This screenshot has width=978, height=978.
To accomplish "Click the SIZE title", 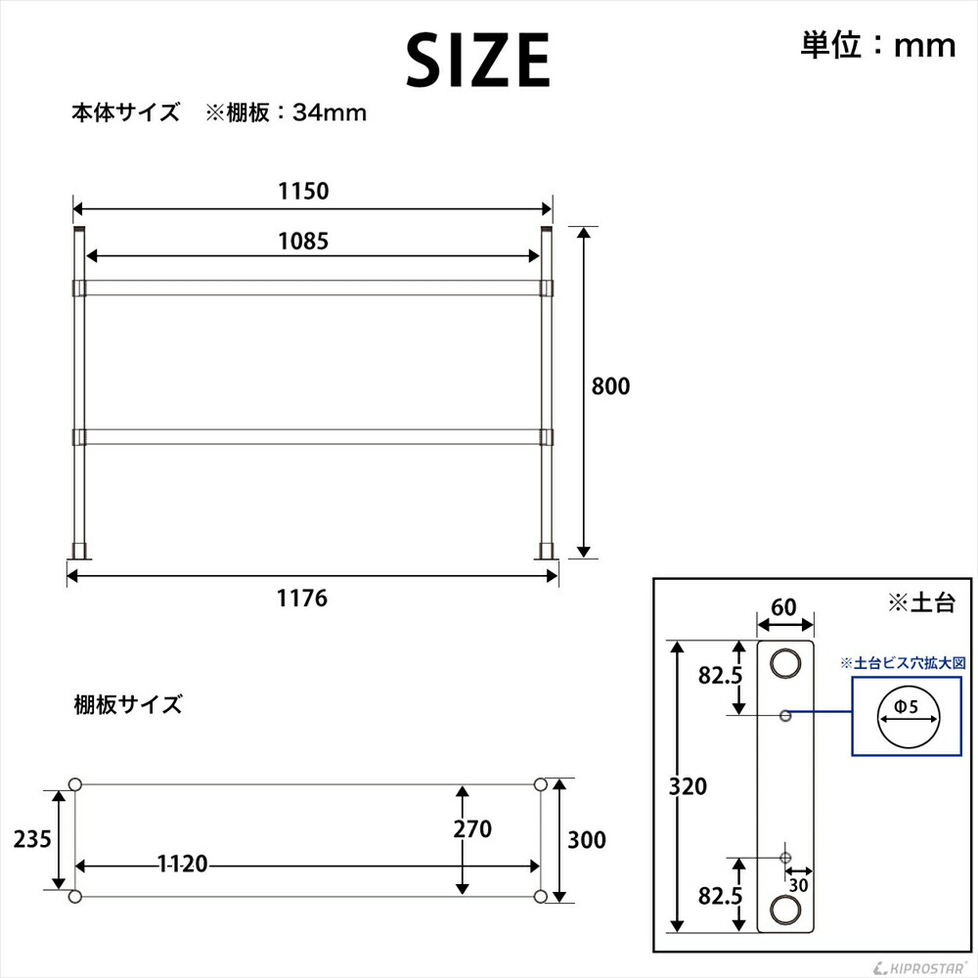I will pyautogui.click(x=478, y=61).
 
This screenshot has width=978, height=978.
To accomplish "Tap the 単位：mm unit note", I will pyautogui.click(x=877, y=45).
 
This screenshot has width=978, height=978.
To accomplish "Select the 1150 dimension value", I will pyautogui.click(x=302, y=191).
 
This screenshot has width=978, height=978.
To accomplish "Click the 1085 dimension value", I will pyautogui.click(x=302, y=240).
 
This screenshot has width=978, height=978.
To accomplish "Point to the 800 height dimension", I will pyautogui.click(x=610, y=386).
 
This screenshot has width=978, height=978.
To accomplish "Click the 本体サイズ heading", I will pyautogui.click(x=125, y=112).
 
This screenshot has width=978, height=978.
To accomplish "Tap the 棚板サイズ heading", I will pyautogui.click(x=127, y=704).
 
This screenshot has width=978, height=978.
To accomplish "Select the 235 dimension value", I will pyautogui.click(x=31, y=838).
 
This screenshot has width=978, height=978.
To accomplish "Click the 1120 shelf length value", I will pyautogui.click(x=183, y=865).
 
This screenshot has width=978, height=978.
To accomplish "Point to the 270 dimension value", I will pyautogui.click(x=471, y=829).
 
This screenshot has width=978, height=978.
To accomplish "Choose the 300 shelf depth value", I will pyautogui.click(x=586, y=840).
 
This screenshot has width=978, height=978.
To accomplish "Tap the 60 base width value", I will pyautogui.click(x=782, y=607).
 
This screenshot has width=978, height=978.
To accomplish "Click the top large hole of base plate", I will pyautogui.click(x=783, y=664).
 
